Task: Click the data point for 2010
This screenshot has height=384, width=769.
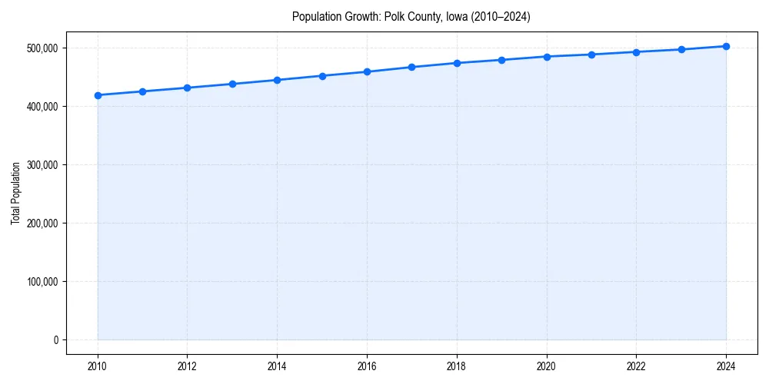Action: [x=98, y=95]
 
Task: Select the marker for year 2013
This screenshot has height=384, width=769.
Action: [x=232, y=84]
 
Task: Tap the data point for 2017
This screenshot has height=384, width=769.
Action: [x=411, y=67]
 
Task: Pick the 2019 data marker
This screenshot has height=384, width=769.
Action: [x=501, y=60]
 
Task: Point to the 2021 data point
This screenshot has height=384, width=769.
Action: [x=591, y=55]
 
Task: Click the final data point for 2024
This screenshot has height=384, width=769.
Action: [x=726, y=46]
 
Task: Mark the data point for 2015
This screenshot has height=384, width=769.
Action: [x=322, y=76]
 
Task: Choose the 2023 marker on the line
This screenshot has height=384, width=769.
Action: [x=681, y=49]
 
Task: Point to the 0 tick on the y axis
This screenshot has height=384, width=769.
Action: [x=55, y=339]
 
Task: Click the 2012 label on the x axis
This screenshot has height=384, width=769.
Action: [x=188, y=366]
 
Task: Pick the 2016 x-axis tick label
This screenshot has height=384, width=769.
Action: [x=367, y=366]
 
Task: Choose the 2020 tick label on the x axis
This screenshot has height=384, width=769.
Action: [x=547, y=366]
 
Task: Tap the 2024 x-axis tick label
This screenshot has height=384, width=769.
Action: [x=726, y=366]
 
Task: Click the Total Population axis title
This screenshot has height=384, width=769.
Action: [x=15, y=193]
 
